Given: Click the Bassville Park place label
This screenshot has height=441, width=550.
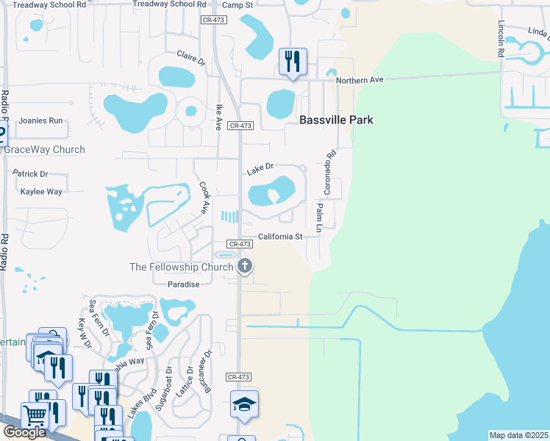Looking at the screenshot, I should [x=335, y=120].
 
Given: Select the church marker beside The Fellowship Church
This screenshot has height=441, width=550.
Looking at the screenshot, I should [x=245, y=267].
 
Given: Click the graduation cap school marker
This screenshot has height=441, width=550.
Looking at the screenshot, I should [x=244, y=404].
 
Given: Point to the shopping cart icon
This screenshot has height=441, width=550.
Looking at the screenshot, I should [x=34, y=415].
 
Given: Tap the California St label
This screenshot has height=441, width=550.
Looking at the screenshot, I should [x=280, y=237].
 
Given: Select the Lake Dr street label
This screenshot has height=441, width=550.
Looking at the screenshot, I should [x=260, y=169].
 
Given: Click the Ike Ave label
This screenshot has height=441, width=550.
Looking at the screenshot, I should [x=218, y=117].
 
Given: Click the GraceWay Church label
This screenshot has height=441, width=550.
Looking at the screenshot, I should [x=46, y=149].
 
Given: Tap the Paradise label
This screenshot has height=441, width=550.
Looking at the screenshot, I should [x=184, y=284].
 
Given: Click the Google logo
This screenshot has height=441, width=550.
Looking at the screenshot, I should [x=24, y=432].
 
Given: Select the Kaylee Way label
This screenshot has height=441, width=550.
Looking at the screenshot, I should [x=41, y=191].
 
